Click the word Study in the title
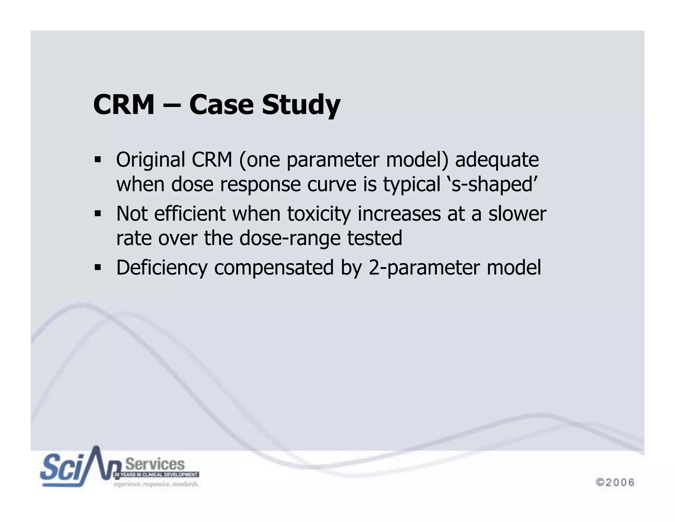coord(301,105)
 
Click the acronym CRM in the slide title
coord(124,105)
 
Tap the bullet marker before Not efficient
coord(98,214)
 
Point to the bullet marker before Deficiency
coord(98,267)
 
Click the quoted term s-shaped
coord(492,184)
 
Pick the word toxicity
coord(319,214)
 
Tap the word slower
coord(517,214)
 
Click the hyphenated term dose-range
coord(290,238)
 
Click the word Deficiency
coord(162,268)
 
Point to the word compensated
coord(274,268)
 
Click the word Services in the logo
coord(155,464)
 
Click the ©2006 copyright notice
coord(615,482)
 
